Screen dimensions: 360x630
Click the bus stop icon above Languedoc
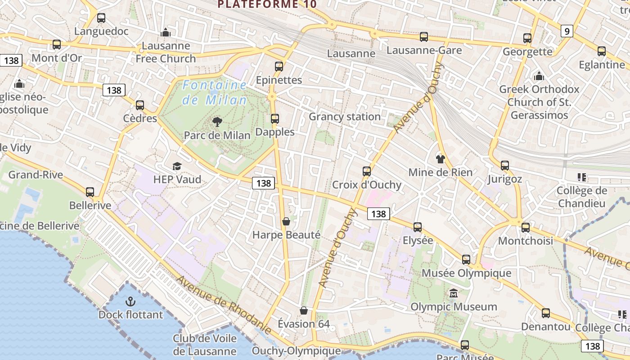101,18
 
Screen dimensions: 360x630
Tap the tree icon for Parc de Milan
217,121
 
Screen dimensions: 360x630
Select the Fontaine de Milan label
215,93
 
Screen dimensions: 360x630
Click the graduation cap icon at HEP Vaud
177,166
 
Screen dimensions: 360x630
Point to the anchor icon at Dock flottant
130,301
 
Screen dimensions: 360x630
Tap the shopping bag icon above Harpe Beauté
286,221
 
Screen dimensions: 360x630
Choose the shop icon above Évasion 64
304,310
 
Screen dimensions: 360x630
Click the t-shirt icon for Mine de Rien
440,159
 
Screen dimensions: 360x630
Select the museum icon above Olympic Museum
454,294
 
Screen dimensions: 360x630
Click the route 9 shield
567,31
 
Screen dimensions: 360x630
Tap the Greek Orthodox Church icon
539,76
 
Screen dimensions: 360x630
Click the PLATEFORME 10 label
267,4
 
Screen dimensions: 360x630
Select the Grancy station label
345,117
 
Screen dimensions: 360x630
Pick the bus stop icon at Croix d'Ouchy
367,171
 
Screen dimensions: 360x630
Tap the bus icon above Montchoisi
526,228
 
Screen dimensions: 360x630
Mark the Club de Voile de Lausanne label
205,345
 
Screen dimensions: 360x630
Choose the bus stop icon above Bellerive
90,192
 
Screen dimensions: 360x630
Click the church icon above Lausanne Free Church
166,32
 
